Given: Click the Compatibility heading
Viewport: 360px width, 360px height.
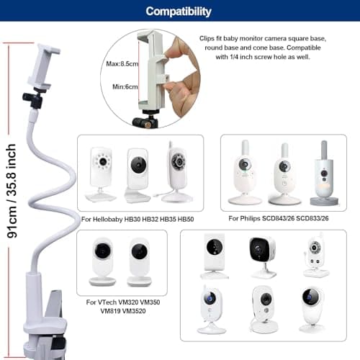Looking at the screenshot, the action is tap(179, 12).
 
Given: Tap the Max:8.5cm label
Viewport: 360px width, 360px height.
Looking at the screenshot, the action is tap(122, 64).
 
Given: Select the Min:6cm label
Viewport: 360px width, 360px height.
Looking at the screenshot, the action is tap(125, 86).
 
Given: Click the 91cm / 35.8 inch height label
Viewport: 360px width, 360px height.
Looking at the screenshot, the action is tap(12, 191).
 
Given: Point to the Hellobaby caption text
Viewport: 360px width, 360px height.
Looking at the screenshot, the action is tap(138, 219).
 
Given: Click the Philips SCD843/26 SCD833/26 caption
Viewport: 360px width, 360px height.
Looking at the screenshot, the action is tap(279, 218).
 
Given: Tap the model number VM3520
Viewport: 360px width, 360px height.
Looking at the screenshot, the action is tap(134, 311).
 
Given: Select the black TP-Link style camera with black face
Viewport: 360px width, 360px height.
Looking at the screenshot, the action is tap(263, 257).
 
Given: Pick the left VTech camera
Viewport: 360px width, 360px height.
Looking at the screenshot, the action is tap(103, 261).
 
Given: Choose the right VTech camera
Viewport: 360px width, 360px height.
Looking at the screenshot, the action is tap(139, 262).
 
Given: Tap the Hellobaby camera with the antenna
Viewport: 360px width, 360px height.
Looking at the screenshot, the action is tap(177, 172).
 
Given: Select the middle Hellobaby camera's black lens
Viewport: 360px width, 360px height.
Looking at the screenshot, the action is tap(138, 165).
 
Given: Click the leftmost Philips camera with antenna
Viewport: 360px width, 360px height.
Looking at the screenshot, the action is tap(245, 172).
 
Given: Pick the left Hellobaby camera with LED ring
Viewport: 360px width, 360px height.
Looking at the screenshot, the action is tap(101, 174).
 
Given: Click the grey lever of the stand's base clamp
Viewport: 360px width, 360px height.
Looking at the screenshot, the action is tap(54, 304).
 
